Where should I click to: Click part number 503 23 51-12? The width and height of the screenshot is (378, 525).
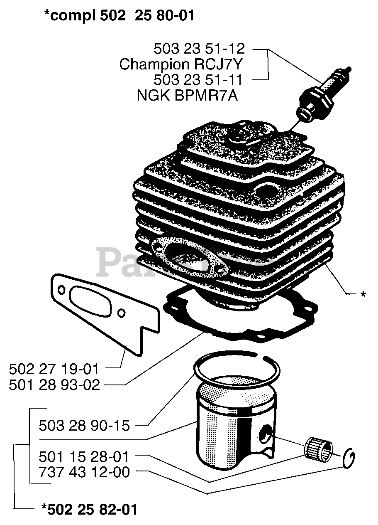tap(199, 49)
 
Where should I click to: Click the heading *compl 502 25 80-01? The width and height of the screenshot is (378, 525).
tap(119, 16)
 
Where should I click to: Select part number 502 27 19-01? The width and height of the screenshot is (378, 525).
tap(54, 369)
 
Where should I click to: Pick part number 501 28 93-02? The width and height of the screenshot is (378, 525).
tap(54, 385)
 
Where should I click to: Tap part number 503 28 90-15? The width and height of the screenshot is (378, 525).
tap(84, 425)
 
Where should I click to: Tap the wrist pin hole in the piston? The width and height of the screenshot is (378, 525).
tap(264, 435)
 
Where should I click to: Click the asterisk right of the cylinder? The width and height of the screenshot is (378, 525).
tap(363, 294)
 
